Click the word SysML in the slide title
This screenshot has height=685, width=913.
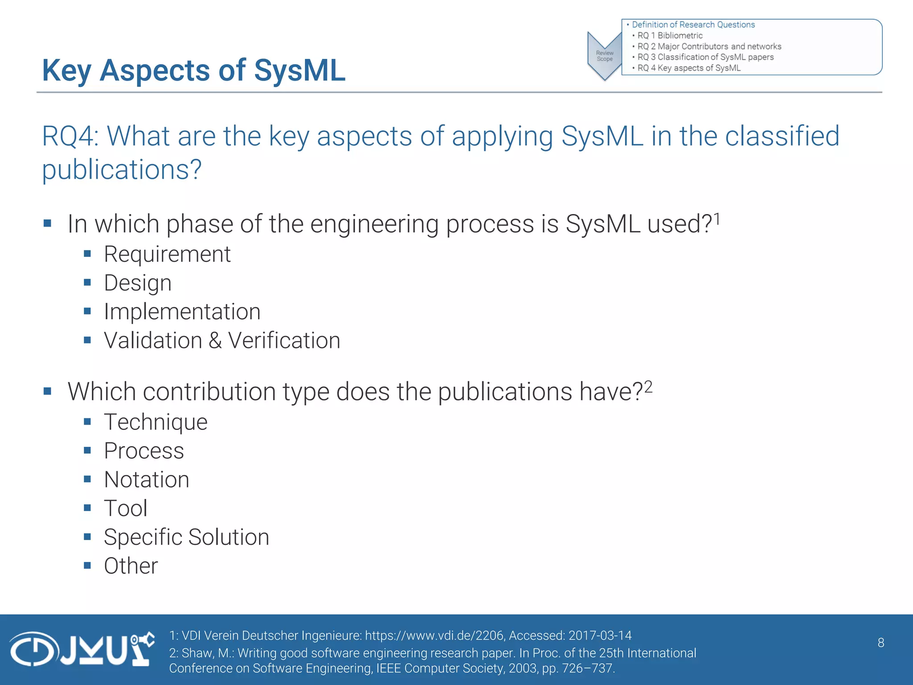pos(300,70)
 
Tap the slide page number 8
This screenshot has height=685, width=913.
pos(880,643)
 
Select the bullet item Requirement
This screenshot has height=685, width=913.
pos(167,254)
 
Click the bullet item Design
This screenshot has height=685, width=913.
pos(138,283)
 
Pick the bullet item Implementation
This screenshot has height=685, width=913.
pos(182,312)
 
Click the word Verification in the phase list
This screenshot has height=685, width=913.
pos(284,341)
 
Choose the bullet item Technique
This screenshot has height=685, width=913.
pos(156,422)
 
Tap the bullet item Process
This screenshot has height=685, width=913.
pos(144,451)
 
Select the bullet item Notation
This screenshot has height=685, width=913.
pos(146,480)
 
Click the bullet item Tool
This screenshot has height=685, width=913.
pos(125,508)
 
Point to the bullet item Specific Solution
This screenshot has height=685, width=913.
pos(186,537)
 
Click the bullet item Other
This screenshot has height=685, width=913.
pos(131,566)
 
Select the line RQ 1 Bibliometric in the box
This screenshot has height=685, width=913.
pos(670,36)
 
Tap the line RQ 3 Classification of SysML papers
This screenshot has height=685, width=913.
pos(705,57)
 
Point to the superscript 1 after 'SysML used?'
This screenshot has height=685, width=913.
pos(716,219)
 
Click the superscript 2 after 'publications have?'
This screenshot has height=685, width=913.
pos(648,386)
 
